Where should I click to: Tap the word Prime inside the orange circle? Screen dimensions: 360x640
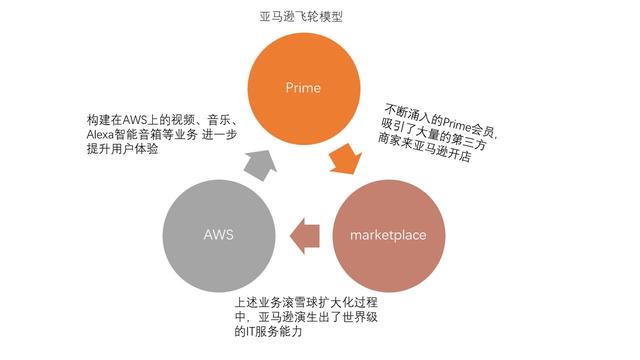point(303,88)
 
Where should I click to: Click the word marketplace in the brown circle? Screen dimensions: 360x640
point(389,236)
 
